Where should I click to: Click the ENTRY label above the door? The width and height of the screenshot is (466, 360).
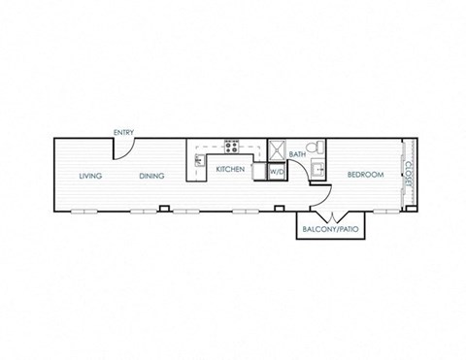click(123, 132)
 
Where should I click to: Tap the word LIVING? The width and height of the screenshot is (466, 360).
click(90, 176)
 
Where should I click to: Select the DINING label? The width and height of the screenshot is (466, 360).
click(151, 176)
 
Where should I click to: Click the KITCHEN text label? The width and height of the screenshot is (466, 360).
click(230, 169)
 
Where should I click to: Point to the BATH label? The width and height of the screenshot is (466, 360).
click(297, 154)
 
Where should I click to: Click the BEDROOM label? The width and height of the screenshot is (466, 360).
click(366, 175)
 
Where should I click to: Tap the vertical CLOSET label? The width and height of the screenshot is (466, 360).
click(409, 175)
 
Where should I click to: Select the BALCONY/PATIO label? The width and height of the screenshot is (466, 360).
click(330, 229)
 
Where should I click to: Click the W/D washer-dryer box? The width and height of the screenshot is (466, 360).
click(277, 172)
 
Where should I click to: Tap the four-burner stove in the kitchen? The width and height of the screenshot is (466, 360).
click(232, 147)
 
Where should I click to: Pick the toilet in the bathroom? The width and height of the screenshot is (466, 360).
click(315, 147)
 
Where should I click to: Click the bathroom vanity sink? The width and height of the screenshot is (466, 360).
click(317, 169)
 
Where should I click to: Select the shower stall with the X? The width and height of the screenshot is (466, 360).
click(277, 149)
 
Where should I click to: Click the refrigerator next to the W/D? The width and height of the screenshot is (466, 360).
click(260, 171)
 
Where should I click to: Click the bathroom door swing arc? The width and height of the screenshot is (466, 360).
click(301, 166)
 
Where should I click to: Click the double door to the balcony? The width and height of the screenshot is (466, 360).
click(333, 217)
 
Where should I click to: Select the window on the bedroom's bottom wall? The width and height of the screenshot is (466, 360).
click(386, 212)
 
